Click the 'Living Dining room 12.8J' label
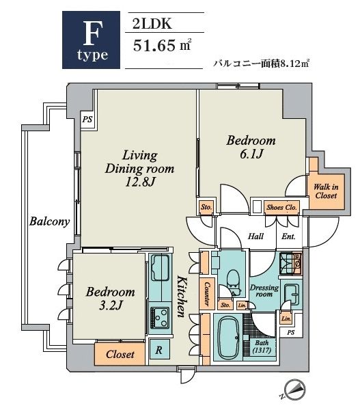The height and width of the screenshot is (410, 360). [x=139, y=167]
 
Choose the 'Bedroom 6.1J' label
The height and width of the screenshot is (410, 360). [x=251, y=147]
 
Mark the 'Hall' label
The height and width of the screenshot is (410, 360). [x=256, y=237]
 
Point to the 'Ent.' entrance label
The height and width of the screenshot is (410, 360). [x=289, y=237]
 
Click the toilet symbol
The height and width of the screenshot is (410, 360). [x=232, y=278]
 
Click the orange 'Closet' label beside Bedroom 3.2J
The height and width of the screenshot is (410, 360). [x=120, y=354]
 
